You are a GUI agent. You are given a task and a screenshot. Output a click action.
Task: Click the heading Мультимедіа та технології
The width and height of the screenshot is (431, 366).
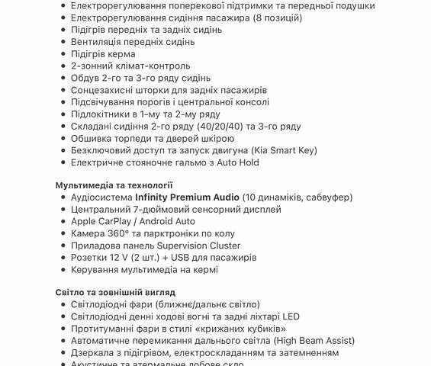114,185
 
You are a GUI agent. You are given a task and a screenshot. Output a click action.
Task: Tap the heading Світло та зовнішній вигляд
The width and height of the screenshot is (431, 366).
115,292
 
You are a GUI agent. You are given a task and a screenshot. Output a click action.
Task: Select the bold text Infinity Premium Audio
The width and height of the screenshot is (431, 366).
187,197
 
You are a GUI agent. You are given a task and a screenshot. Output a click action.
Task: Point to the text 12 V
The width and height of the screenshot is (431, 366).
122,258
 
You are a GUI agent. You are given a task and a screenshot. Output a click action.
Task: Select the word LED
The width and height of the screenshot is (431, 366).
290,316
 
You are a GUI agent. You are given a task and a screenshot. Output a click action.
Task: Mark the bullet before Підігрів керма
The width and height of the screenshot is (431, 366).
63,54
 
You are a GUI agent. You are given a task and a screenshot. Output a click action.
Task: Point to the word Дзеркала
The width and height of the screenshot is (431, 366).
95,353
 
